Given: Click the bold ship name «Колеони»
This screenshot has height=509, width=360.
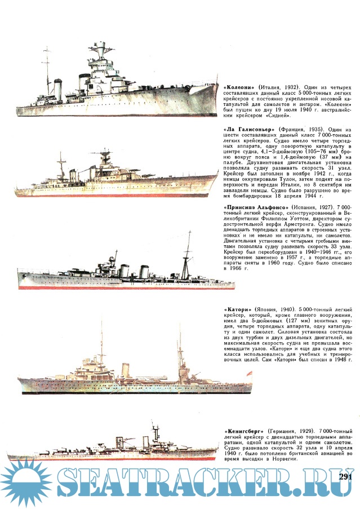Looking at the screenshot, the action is click(239, 87).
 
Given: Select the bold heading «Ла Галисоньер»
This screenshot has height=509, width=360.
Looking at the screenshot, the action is click(250, 129).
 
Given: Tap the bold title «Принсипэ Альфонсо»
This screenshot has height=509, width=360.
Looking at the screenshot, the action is click(256, 207).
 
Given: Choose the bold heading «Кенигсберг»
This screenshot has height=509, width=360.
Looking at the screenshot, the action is click(244, 431).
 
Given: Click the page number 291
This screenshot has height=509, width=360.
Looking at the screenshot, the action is click(346, 477).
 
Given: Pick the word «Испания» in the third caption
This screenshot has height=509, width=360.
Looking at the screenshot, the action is click(305, 207).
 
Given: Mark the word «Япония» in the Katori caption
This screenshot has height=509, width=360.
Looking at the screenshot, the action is click(266, 309).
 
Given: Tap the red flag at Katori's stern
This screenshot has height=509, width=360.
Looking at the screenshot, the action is click(250, 373).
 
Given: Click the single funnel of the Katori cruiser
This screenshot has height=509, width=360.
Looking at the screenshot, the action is click(126, 370).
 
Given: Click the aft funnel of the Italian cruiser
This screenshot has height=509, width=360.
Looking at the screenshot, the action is click(57, 89).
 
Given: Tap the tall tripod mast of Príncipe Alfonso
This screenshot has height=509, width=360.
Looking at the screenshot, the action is click(186, 256).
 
